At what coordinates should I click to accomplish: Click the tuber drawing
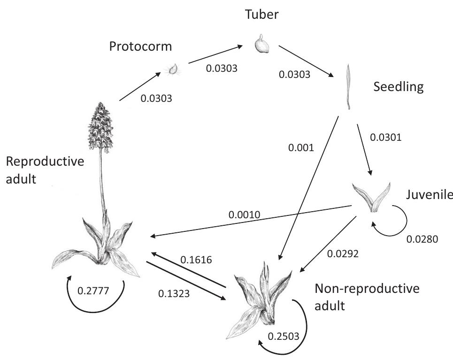[x=261, y=45]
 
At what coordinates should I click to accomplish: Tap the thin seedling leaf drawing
[x=349, y=87]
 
